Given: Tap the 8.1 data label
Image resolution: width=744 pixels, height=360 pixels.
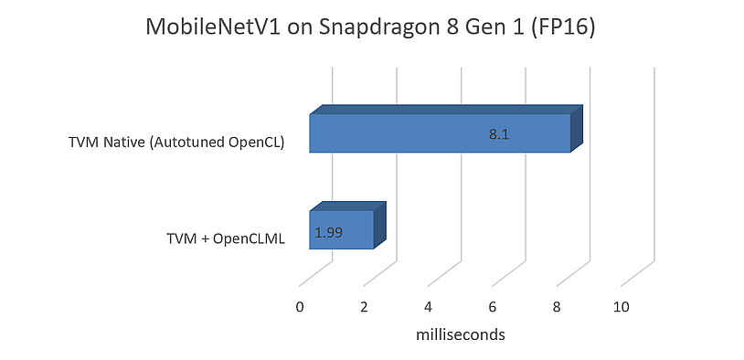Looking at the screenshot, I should tap(498, 135).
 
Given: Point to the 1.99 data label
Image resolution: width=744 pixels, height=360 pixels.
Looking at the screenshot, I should tap(328, 233).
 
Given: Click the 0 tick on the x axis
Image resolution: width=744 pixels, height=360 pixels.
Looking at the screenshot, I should tap(300, 308).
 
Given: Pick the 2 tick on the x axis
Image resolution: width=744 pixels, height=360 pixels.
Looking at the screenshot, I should tap(364, 308).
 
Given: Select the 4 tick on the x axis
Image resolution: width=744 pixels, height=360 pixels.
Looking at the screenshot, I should tap(429, 308).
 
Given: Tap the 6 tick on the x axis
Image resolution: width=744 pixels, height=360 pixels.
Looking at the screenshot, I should tap(493, 308).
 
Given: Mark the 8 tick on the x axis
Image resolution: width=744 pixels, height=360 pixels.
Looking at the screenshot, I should tap(557, 308).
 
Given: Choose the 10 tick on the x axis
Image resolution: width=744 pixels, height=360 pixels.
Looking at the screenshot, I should tap(622, 308).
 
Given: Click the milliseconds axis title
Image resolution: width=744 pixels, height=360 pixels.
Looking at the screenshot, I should tap(461, 335).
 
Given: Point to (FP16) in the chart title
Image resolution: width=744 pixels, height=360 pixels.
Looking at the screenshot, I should tap(564, 28).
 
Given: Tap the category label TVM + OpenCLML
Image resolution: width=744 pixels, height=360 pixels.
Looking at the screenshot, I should tap(226, 239).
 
